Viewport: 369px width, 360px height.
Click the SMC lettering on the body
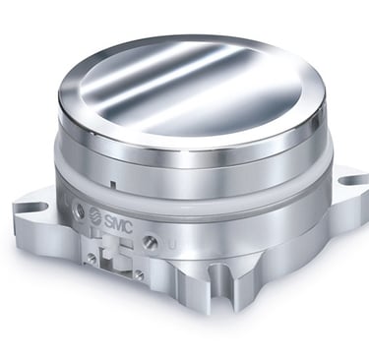point(118,223)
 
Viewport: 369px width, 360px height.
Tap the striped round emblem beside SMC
point(95,214)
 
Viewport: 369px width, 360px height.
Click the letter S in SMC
point(108,220)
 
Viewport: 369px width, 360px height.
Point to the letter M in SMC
point(118,223)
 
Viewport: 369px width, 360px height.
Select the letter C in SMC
point(128,227)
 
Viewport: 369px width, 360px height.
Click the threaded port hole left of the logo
point(79,209)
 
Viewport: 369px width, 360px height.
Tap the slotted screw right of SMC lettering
point(150,242)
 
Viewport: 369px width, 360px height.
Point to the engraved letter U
point(171,245)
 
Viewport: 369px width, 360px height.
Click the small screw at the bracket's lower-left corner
point(92,258)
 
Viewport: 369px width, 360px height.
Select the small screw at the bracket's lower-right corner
point(140,274)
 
